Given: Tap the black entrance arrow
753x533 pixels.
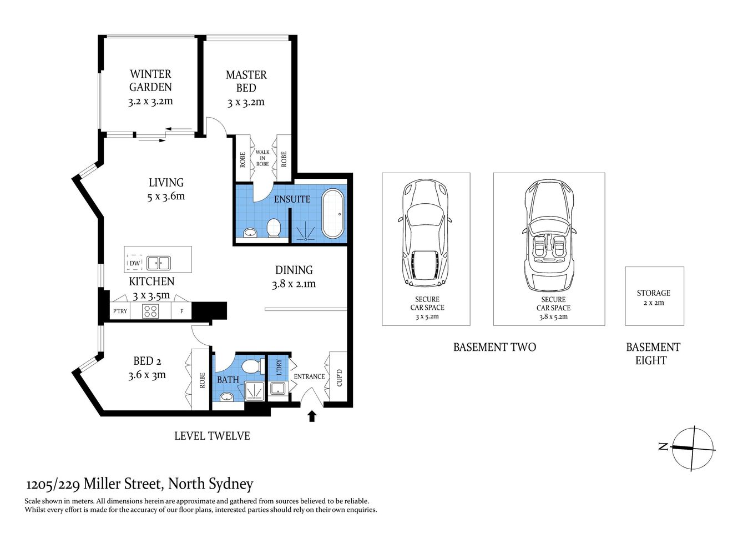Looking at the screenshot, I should (x=312, y=416).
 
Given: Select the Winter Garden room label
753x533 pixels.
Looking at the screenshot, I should (x=150, y=81).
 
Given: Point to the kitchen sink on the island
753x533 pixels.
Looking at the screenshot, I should (x=158, y=263).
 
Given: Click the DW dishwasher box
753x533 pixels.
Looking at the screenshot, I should (x=135, y=263).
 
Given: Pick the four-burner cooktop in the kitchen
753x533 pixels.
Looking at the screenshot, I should (x=150, y=311).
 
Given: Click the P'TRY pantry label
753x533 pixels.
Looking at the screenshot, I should (x=120, y=311).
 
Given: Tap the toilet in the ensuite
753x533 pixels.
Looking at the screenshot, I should (x=274, y=228).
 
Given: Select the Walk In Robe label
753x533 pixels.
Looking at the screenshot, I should (x=262, y=158).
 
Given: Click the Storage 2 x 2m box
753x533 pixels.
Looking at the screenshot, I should (x=654, y=296).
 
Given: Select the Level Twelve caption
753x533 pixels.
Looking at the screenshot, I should (x=212, y=436).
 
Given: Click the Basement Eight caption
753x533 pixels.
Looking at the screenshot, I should (x=653, y=354).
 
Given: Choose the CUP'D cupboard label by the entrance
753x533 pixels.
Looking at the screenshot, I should (x=339, y=378).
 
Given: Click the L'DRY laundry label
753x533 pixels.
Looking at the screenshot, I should (x=279, y=367).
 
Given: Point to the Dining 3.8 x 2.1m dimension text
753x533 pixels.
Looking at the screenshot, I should (x=294, y=284).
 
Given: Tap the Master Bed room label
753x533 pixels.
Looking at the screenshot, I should (x=246, y=81).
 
